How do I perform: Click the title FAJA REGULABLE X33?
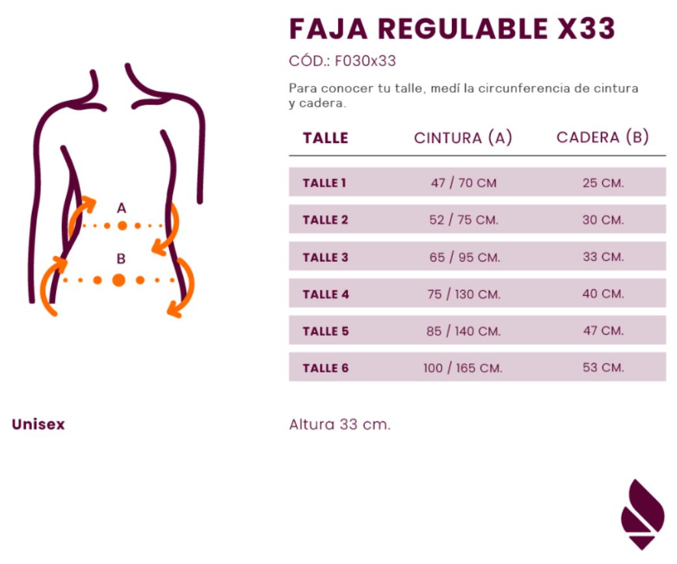452,29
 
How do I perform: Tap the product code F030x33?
365,61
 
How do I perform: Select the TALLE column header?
326,138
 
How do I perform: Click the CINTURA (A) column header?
463,138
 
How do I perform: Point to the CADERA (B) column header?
603,137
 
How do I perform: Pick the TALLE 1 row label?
325,183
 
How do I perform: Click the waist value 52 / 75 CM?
464,220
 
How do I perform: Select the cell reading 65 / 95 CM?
464,257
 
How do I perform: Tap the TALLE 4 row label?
326,294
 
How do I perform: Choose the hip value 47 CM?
604,331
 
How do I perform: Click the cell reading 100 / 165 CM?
463,368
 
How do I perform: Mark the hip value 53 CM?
604,368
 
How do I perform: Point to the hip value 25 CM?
604,183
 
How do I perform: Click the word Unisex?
38,424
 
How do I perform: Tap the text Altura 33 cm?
339,424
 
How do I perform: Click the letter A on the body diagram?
122,208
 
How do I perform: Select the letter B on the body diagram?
122,259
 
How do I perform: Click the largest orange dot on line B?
119,280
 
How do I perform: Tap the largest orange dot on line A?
123,225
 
